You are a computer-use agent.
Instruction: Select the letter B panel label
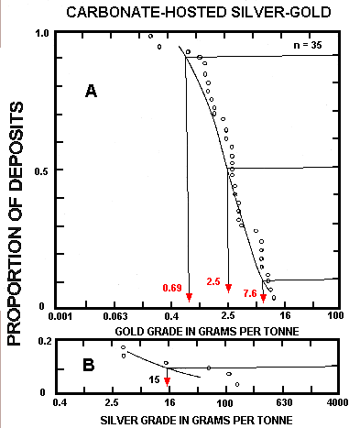click(89, 364)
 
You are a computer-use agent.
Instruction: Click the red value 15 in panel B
click(155, 377)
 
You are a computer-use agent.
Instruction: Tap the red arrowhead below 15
click(168, 380)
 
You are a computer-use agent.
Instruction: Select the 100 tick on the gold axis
click(334, 315)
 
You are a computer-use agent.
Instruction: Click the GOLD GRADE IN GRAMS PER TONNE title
click(197, 330)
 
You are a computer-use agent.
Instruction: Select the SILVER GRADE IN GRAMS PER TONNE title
click(197, 418)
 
